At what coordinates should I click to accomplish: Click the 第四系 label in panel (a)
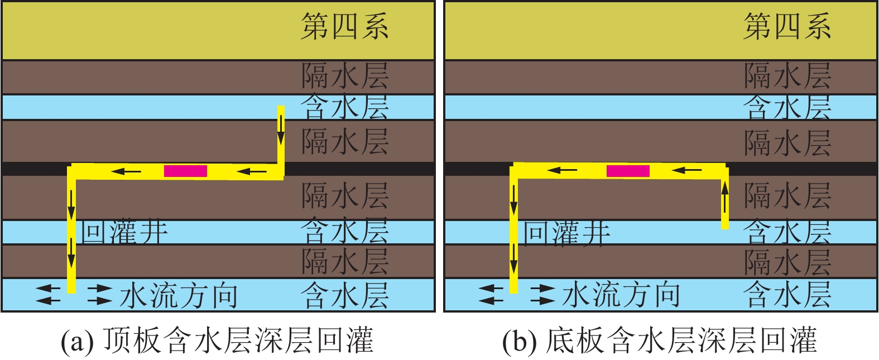(344, 27)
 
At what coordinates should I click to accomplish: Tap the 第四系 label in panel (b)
(787, 27)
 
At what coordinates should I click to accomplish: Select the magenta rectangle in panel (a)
(185, 171)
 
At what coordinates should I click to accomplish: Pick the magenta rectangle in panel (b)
(628, 171)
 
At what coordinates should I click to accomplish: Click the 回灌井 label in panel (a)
(124, 232)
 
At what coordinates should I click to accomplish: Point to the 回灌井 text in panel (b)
(566, 232)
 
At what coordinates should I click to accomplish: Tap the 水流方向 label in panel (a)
(179, 295)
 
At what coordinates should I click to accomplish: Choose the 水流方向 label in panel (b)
(621, 295)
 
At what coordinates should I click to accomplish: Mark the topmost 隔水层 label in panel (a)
(344, 76)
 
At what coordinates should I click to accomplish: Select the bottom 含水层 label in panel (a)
(344, 295)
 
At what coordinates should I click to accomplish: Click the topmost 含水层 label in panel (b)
(787, 107)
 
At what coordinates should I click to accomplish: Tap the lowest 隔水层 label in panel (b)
(787, 261)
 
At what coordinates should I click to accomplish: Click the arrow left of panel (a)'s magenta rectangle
(126, 171)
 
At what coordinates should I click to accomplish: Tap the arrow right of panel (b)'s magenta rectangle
(686, 170)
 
